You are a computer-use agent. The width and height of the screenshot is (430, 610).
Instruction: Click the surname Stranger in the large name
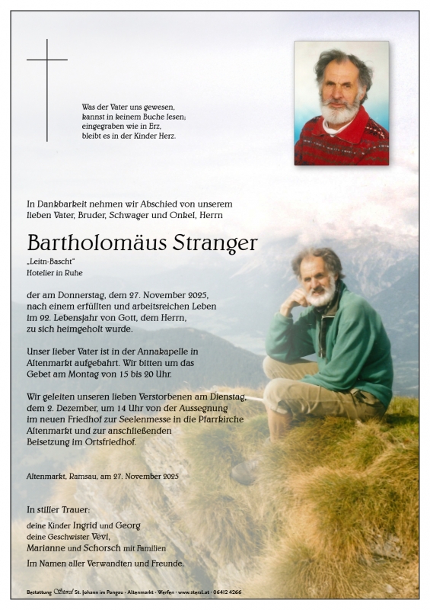pos(215,244)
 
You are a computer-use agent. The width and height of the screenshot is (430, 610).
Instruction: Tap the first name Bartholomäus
pos(94,244)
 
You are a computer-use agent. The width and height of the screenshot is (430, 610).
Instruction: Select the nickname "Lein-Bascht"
pos(47,262)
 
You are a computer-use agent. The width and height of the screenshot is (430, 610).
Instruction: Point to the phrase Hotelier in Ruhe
pos(55,272)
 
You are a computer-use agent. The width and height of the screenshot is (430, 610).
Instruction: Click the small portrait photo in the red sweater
pos(341,103)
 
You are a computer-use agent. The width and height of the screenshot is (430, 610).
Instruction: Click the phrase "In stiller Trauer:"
pos(58,509)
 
